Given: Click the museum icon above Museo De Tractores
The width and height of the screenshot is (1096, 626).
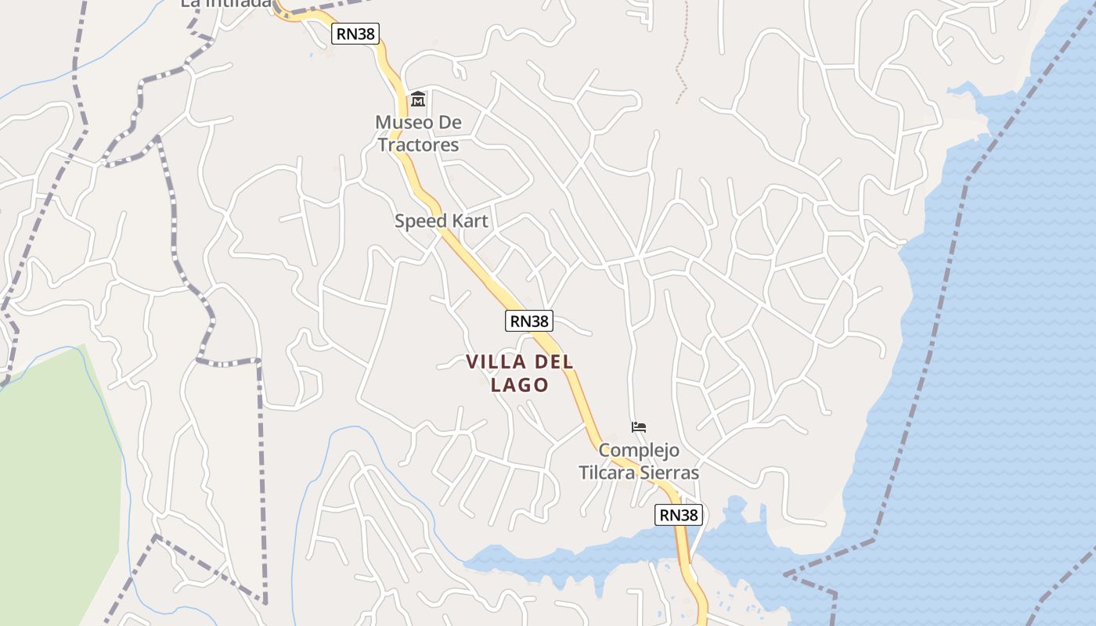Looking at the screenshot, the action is click(x=418, y=99).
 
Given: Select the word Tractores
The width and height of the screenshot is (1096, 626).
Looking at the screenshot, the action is click(x=418, y=145).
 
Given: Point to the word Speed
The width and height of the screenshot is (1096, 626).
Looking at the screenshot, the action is click(x=416, y=221).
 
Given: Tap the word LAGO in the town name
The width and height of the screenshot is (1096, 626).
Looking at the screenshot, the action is click(x=519, y=385).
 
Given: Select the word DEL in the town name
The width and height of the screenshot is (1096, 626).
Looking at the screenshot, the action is click(x=554, y=362).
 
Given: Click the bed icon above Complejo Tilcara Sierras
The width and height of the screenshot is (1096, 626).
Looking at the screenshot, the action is click(x=639, y=427).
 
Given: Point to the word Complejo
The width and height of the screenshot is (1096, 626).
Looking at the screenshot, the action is click(x=639, y=451).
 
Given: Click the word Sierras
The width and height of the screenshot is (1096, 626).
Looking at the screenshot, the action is click(x=671, y=473).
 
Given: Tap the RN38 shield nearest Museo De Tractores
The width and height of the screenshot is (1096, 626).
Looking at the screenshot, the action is click(x=355, y=34).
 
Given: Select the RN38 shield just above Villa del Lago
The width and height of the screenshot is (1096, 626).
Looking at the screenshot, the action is click(x=529, y=321).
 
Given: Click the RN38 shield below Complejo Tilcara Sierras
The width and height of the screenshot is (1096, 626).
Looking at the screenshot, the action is click(x=678, y=515).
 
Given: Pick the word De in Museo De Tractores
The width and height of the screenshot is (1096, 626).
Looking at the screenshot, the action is click(x=449, y=123).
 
